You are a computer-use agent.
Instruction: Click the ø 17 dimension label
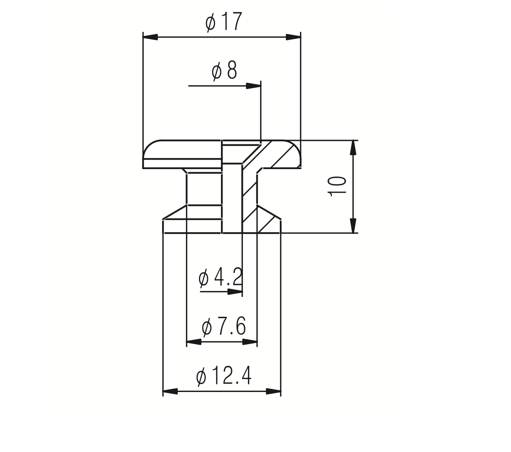pos(223,22)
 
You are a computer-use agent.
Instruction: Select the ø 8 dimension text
pos(224,70)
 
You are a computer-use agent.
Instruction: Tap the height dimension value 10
pos(337,186)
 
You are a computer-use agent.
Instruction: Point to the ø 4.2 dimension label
pos(220,277)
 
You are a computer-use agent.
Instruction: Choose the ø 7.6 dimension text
pos(223,326)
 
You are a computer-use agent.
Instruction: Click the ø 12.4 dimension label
pos(223,376)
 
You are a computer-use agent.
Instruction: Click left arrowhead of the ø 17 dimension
pos(150,37)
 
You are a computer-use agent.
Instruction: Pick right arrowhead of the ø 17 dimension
pos(293,37)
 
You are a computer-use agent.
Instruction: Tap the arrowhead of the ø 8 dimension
pos(254,86)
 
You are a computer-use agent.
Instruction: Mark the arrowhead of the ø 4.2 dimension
pos(235,292)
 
